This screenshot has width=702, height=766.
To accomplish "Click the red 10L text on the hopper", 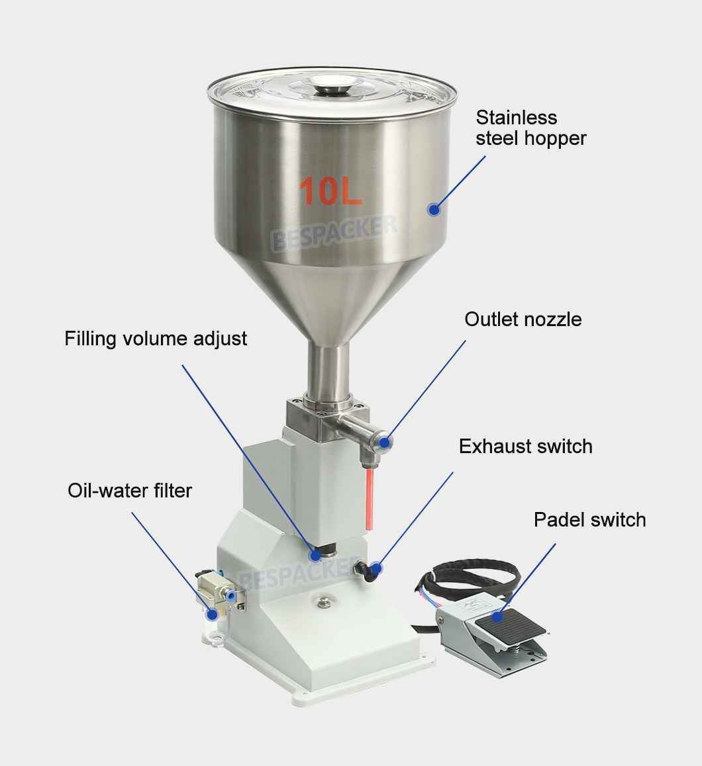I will tap(330, 191).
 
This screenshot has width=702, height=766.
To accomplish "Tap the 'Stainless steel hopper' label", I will tap(530, 128).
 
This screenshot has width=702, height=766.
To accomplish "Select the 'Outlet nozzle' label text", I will tap(523, 319).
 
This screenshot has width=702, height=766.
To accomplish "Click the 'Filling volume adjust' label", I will tap(156, 339).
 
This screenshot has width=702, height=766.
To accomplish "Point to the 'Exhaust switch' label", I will tap(525, 447).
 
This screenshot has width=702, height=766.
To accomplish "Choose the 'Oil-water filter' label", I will tap(130, 491).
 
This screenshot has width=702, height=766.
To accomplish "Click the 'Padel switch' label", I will tap(589, 520).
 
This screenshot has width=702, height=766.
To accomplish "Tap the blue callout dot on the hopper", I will tap(434, 210).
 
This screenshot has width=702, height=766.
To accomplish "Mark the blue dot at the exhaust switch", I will tap(376, 568).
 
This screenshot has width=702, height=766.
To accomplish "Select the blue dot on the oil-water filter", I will tap(212, 614).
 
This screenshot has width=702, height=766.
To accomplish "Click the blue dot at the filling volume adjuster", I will tap(316, 554).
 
